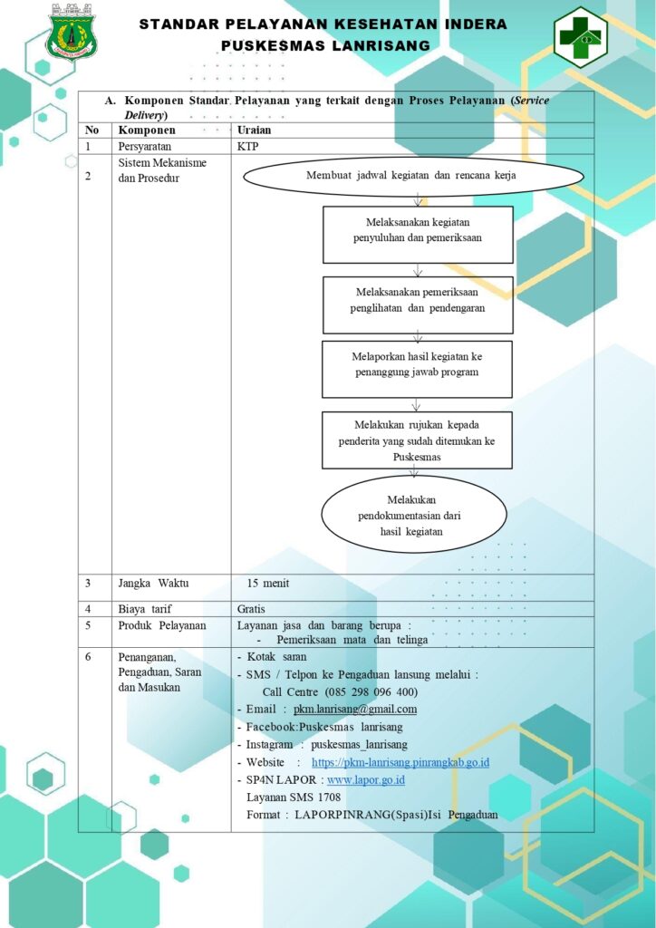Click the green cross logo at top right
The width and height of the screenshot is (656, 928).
(580, 36)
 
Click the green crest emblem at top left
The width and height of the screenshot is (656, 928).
(72, 32)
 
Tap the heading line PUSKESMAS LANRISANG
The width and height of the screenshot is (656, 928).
(325, 45)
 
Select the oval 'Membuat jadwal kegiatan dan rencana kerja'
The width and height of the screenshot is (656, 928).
(414, 175)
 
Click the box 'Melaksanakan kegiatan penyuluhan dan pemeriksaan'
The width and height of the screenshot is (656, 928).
(418, 235)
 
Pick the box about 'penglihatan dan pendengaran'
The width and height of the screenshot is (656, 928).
(418, 304)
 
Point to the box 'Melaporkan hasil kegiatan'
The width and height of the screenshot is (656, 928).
(417, 369)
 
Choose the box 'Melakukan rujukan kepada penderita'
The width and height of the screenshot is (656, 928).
(417, 440)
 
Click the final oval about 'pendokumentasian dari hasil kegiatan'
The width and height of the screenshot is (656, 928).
(413, 514)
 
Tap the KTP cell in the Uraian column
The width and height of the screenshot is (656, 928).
(248, 146)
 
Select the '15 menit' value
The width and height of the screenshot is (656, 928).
(268, 583)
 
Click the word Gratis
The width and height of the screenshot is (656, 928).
(251, 608)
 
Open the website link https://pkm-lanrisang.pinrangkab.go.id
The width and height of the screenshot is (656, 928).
(400, 762)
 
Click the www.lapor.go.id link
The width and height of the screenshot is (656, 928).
(365, 779)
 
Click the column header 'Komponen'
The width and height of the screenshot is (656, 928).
(147, 130)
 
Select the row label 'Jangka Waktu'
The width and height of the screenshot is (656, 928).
(153, 583)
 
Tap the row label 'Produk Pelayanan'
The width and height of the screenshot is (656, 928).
(162, 625)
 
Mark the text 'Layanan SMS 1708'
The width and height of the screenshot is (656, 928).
(294, 797)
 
